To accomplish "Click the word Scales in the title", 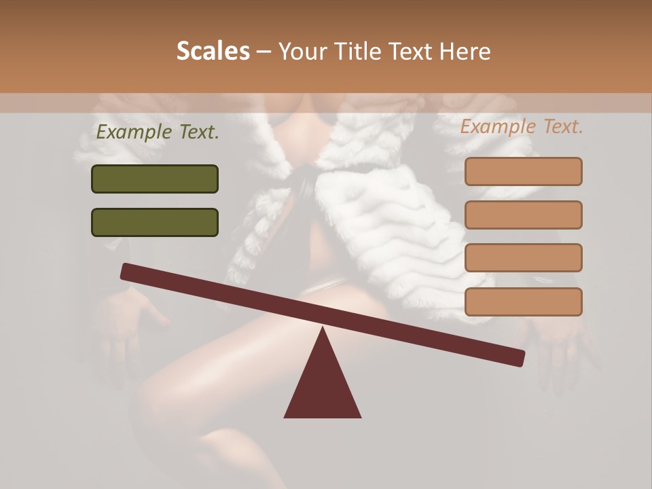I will click(213, 51).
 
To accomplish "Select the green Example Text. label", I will click(158, 132).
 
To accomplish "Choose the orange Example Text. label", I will click(522, 126).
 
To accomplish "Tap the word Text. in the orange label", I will click(562, 126).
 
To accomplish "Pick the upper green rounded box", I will click(155, 179).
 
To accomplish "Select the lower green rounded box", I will click(155, 222).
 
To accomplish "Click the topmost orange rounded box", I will click(524, 171).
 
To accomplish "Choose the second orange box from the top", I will click(524, 215).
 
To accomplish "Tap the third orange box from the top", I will click(524, 257).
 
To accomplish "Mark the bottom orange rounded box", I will click(524, 302).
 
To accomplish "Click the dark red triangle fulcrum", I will click(323, 384).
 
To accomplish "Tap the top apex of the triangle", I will click(323, 329).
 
